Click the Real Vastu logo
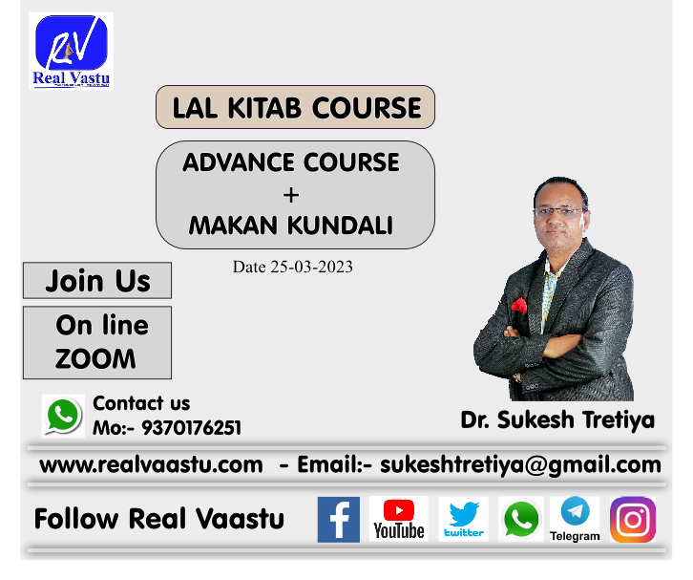(x=72, y=51)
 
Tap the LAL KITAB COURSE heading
(x=295, y=108)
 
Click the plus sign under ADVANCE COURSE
(x=291, y=195)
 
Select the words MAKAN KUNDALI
(x=291, y=226)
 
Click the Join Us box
(x=97, y=281)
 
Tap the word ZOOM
(x=95, y=358)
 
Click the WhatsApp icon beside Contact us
(x=63, y=416)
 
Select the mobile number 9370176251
(x=191, y=428)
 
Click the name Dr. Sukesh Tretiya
(x=557, y=419)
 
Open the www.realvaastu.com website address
(x=151, y=465)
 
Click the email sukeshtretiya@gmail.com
(x=520, y=465)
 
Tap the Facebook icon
(x=339, y=520)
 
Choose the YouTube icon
(x=399, y=520)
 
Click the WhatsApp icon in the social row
(x=521, y=520)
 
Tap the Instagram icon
(x=633, y=520)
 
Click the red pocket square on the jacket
(x=519, y=306)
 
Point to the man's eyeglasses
(x=560, y=211)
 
